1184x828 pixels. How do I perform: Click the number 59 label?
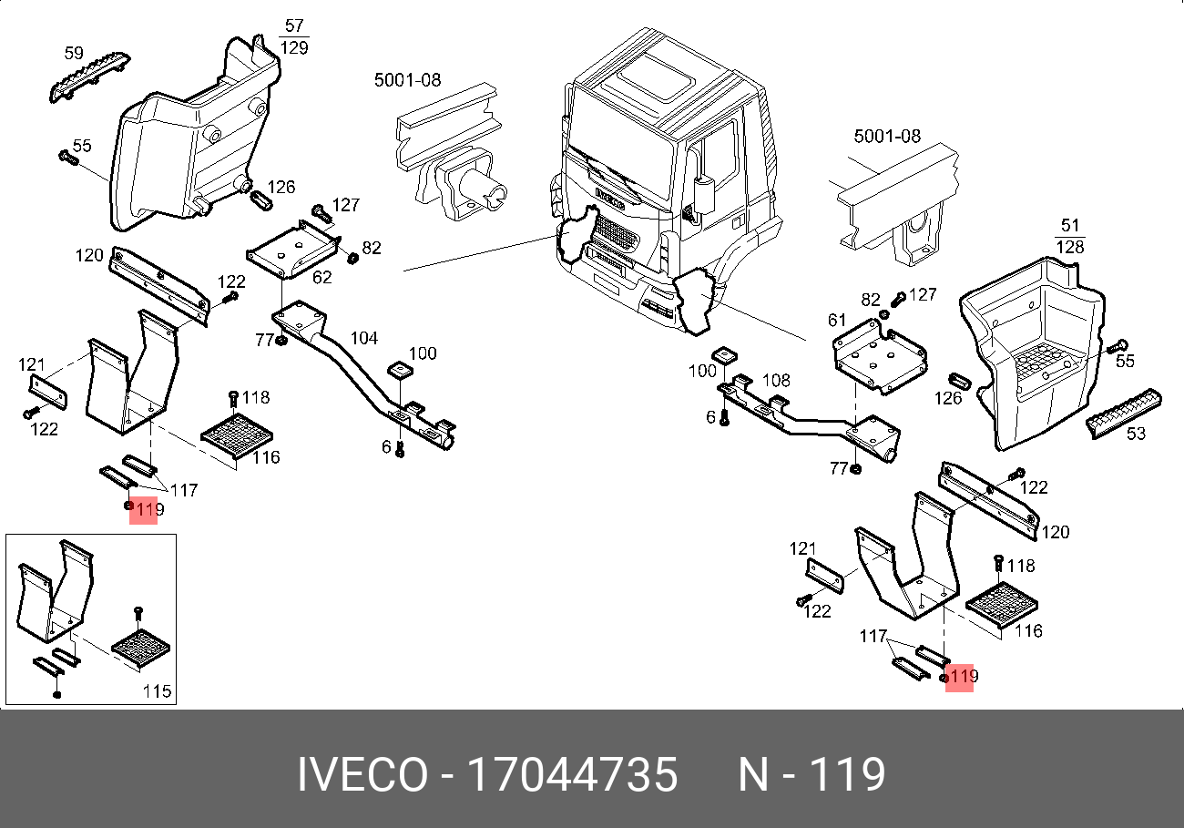pyautogui.click(x=73, y=54)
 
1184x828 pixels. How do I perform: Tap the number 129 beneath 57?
pyautogui.click(x=294, y=47)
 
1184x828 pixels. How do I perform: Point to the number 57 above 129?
pyautogui.click(x=294, y=26)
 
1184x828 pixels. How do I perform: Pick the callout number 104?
pyautogui.click(x=364, y=339)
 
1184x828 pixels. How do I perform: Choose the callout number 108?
pyautogui.click(x=776, y=380)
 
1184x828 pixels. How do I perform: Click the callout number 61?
pyautogui.click(x=837, y=321)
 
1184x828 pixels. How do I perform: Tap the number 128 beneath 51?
pyautogui.click(x=1070, y=247)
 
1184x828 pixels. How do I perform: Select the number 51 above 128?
pyautogui.click(x=1070, y=226)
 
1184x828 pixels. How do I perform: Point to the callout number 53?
pyautogui.click(x=1136, y=434)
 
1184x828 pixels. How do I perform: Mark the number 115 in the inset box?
pyautogui.click(x=157, y=691)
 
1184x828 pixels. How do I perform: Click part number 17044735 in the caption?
pyautogui.click(x=572, y=775)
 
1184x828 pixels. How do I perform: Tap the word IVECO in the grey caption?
pyautogui.click(x=362, y=775)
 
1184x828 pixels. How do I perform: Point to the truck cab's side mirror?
pyautogui.click(x=702, y=194)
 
